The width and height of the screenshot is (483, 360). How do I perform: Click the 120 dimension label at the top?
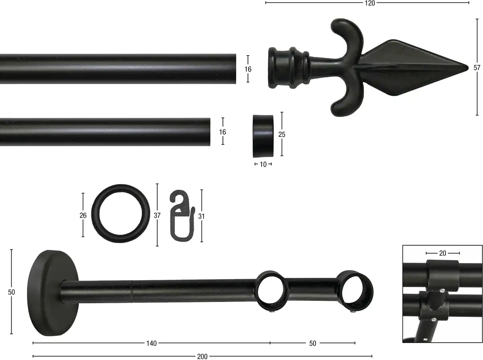click(x=370, y=3)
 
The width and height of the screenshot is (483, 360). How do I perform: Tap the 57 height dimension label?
click(x=477, y=68)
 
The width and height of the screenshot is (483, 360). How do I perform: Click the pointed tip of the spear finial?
click(x=468, y=68)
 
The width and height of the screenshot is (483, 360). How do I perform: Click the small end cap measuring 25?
click(x=263, y=136)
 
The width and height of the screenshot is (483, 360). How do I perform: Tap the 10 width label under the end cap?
click(x=263, y=164)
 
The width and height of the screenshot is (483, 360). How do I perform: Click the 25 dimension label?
click(x=282, y=134)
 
